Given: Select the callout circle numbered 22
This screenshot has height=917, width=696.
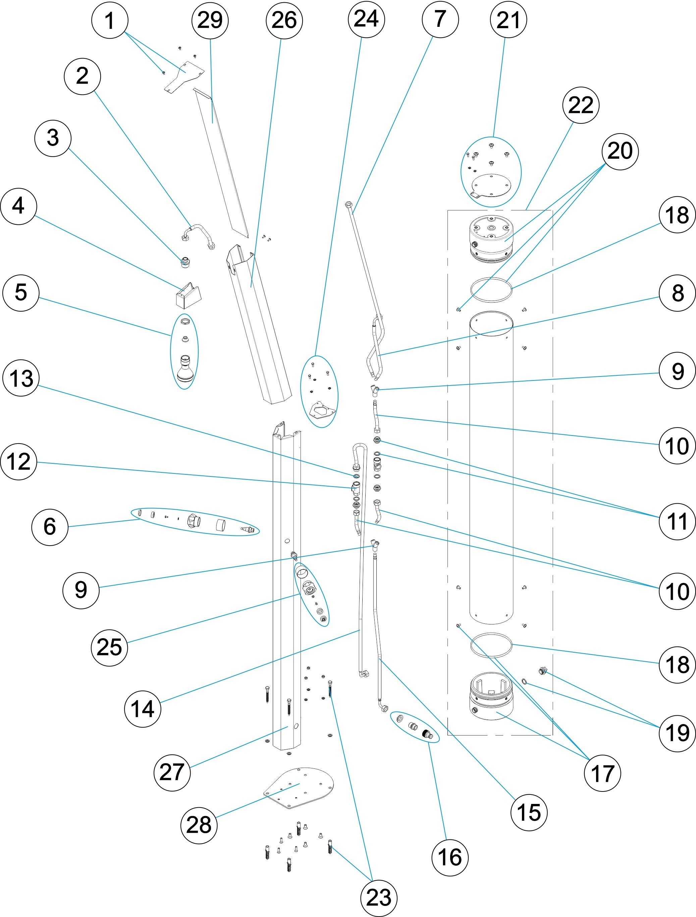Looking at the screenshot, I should [581, 105].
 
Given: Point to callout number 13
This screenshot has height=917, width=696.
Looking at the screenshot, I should [21, 378].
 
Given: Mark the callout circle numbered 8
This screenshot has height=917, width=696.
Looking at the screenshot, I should [677, 293].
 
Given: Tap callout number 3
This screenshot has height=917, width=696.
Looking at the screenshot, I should [53, 138].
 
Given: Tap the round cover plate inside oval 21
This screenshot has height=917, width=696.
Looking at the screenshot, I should [491, 184].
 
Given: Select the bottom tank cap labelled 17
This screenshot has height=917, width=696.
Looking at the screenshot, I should [491, 701].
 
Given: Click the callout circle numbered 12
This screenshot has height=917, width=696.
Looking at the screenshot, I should [19, 462].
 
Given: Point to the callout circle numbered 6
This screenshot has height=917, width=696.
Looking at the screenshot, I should [50, 526].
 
